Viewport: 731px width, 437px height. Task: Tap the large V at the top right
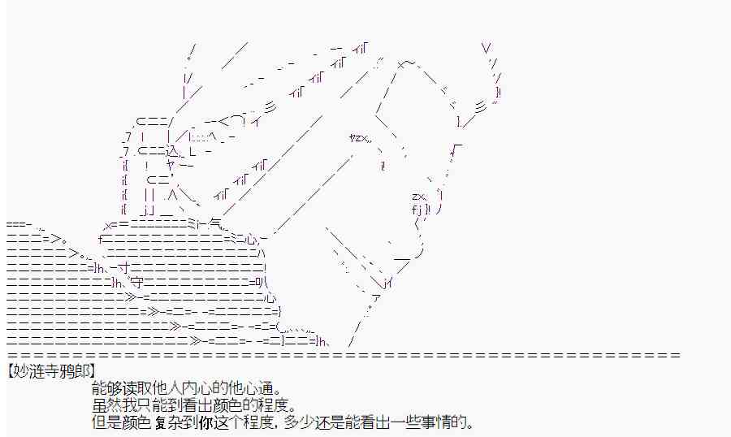coord(486,48)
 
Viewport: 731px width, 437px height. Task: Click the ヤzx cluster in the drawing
coord(360,137)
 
